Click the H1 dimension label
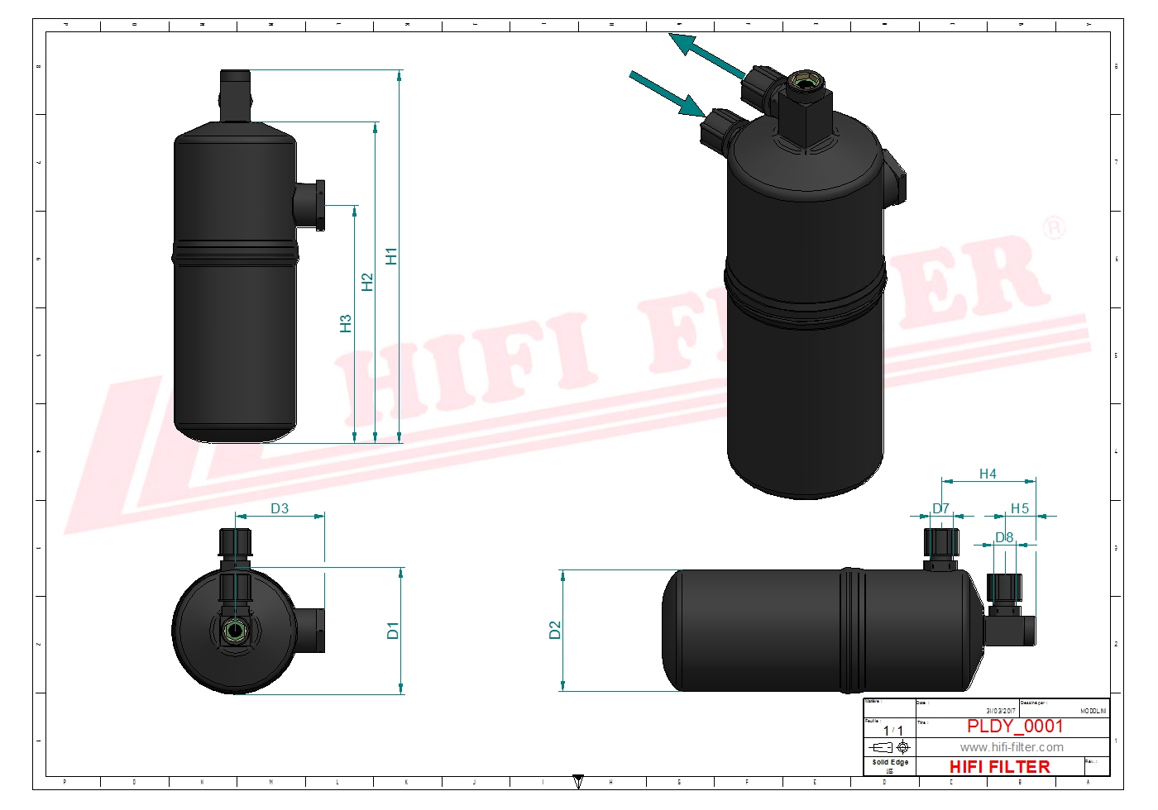391,256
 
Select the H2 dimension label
367,283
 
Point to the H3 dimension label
346,324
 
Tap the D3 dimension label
280,509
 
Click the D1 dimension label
393,631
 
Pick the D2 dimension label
555,631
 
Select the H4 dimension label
988,474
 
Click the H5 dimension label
1020,509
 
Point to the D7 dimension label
941,509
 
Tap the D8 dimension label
1004,538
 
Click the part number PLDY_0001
1015,727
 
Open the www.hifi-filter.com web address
1012,747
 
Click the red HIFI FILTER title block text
999,767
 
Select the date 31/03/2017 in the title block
1000,711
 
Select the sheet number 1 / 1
893,731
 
